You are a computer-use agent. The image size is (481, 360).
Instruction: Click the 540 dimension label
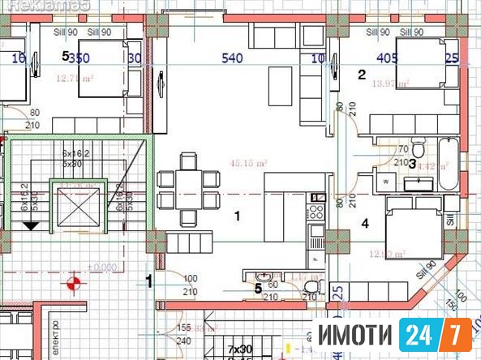pos(234,58)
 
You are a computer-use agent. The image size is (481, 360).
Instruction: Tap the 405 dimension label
pos(387,58)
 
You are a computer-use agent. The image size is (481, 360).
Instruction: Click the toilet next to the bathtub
pos(418,150)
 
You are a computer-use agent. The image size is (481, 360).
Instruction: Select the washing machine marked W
pos(386,182)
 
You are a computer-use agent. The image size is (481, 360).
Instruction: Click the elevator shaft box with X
pos(75,208)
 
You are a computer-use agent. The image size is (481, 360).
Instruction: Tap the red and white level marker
pos(75,284)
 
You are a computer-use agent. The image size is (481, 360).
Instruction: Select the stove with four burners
pos(316,212)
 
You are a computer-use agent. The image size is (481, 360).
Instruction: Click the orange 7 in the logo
pos(458,334)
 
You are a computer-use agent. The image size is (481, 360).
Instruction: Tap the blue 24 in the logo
pos(421,334)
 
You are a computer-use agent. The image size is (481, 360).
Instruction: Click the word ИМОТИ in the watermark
pos(354,335)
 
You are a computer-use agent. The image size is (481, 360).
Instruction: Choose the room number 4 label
pos(365,222)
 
